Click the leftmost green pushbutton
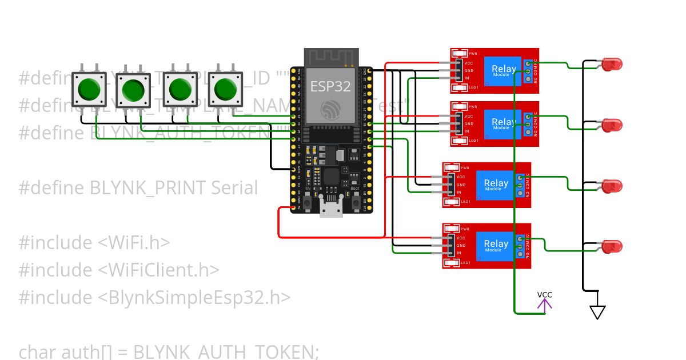pyautogui.click(x=89, y=89)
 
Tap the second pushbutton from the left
pyautogui.click(x=133, y=90)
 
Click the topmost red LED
pyautogui.click(x=611, y=65)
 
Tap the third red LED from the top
pyautogui.click(x=612, y=186)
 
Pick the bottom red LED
pyautogui.click(x=612, y=247)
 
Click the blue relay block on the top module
pyautogui.click(x=503, y=71)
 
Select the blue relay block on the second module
pyautogui.click(x=503, y=123)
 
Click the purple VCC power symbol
pyautogui.click(x=544, y=304)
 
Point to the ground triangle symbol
pyautogui.click(x=597, y=312)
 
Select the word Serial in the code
pyautogui.click(x=234, y=187)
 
